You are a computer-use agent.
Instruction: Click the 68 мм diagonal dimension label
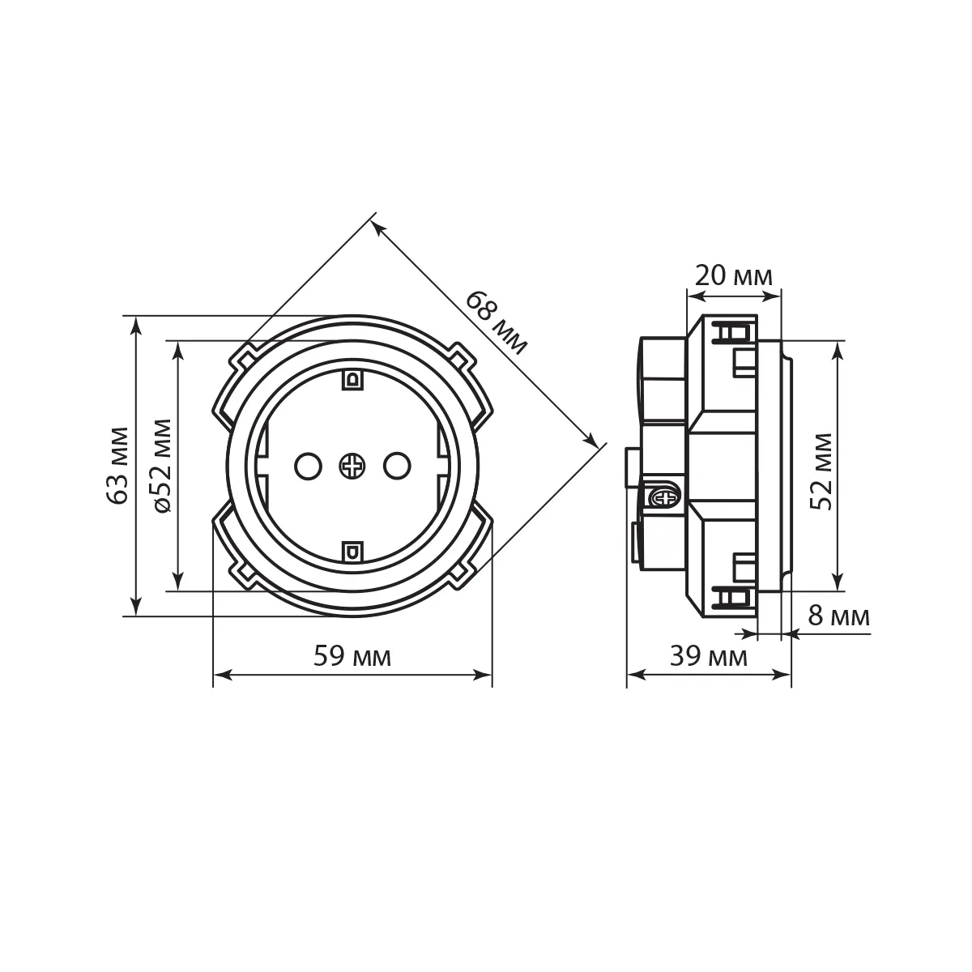[x=497, y=322]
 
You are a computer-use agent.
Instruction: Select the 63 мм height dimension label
[x=118, y=465]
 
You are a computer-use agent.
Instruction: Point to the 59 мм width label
[x=352, y=656]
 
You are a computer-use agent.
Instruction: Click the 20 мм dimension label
[x=733, y=275]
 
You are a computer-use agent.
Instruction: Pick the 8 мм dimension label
[x=839, y=616]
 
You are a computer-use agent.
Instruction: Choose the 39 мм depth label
[x=708, y=656]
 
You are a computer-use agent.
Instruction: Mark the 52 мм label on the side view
[x=821, y=471]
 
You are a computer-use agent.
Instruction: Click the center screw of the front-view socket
[x=352, y=466]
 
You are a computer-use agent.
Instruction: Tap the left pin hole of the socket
[x=308, y=466]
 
